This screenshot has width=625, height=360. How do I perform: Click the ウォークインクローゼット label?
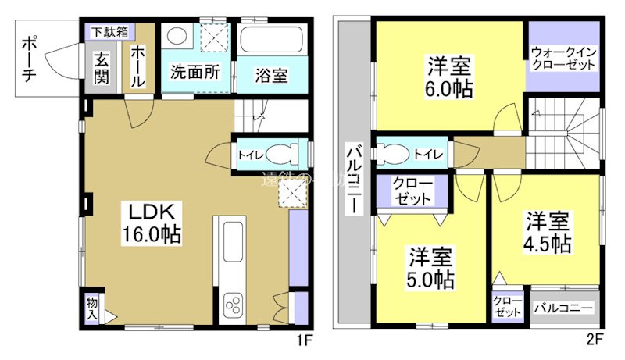[x=562, y=59]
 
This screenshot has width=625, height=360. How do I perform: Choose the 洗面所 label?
[x=195, y=72]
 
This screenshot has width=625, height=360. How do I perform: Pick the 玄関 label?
[x=102, y=68]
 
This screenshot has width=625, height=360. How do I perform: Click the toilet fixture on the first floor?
[x=278, y=154]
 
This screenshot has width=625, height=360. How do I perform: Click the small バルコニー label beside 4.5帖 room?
[x=564, y=308]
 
